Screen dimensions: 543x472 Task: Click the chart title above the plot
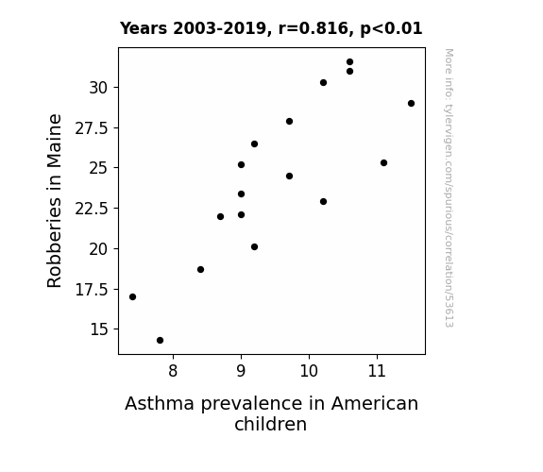[x=271, y=28]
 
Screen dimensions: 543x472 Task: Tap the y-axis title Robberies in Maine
[x=54, y=201]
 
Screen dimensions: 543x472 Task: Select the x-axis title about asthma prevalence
[x=271, y=413]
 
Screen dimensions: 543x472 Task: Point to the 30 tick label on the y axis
[x=98, y=88]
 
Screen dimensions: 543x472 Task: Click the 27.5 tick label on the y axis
[x=92, y=128]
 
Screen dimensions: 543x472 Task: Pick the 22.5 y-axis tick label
[x=92, y=209]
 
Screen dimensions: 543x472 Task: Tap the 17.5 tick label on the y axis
[x=92, y=290]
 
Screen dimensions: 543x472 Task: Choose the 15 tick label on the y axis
[x=99, y=329]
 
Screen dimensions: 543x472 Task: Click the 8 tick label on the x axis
[x=173, y=371]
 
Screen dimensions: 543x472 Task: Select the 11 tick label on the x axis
[x=377, y=371]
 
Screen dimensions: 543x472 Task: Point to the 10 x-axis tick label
[x=309, y=371]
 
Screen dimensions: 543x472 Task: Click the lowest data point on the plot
[x=160, y=341]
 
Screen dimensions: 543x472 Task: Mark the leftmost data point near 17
[x=132, y=296]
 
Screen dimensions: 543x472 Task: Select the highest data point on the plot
[x=349, y=62]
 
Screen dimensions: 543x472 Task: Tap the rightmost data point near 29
[x=411, y=103]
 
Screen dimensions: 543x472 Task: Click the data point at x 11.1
[x=383, y=162]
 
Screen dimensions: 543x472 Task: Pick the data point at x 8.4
[x=200, y=269]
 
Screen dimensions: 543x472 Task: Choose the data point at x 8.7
[x=221, y=217]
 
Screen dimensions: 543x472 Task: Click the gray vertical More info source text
[x=449, y=188]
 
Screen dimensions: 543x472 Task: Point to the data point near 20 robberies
[x=255, y=247]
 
